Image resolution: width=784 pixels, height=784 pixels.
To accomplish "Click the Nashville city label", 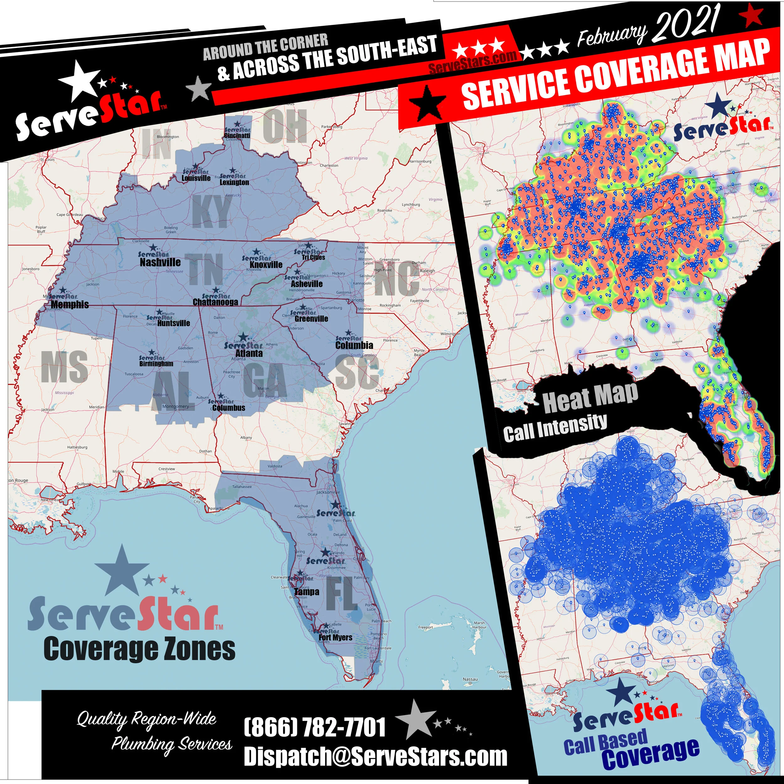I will [160, 262].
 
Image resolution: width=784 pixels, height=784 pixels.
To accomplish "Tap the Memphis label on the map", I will [70, 304].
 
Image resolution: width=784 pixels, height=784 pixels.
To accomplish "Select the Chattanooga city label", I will [215, 302].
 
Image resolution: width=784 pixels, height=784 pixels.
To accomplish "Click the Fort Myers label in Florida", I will [335, 638].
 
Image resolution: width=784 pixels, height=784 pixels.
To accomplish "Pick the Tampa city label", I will [307, 592].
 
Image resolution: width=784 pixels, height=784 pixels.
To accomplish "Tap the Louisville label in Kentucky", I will [196, 178].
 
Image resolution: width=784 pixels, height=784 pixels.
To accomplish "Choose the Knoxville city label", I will [266, 265].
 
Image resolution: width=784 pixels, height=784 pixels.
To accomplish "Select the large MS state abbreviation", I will [65, 367].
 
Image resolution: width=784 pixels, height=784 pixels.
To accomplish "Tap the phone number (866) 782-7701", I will [315, 727].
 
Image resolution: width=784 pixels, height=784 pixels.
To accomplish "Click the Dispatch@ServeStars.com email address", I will [375, 756].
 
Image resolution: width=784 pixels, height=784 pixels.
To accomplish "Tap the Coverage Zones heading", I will [139, 649].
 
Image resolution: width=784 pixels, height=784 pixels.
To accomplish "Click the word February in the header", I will [612, 36].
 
